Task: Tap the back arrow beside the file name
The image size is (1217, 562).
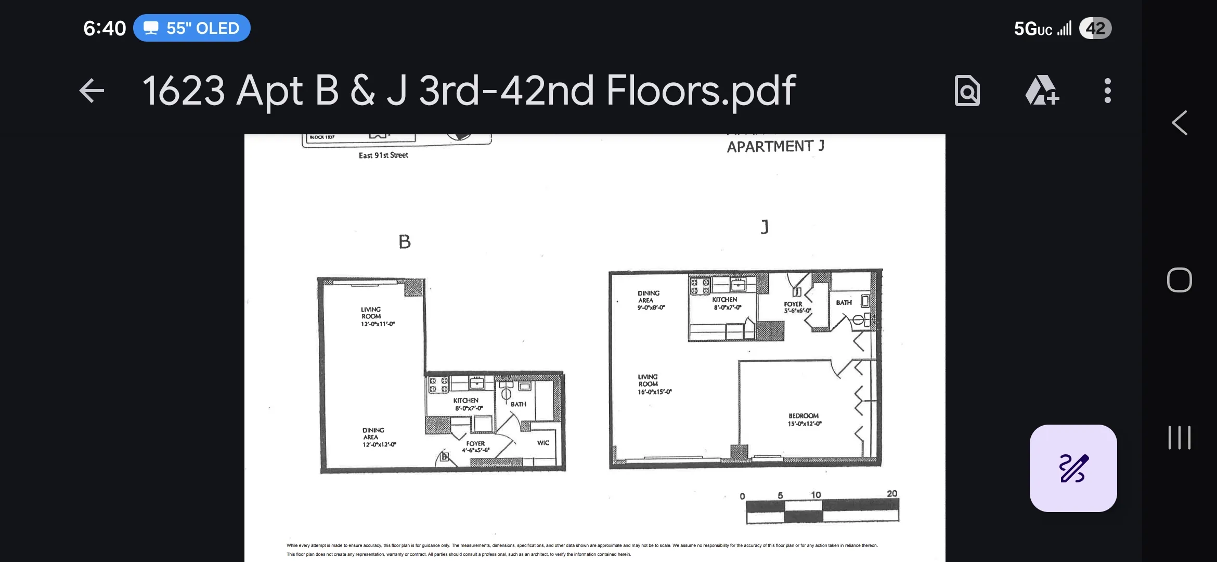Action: pyautogui.click(x=92, y=91)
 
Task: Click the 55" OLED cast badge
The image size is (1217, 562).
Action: pyautogui.click(x=191, y=28)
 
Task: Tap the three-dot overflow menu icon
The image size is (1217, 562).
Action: pyautogui.click(x=1107, y=91)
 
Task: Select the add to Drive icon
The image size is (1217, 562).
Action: pyautogui.click(x=1041, y=91)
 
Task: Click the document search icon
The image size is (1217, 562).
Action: pyautogui.click(x=967, y=91)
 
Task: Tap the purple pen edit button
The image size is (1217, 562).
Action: pyautogui.click(x=1073, y=468)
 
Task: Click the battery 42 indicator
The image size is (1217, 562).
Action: pyautogui.click(x=1095, y=28)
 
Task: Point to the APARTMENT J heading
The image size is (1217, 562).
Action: pyautogui.click(x=775, y=147)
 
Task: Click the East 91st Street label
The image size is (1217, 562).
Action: pyautogui.click(x=383, y=155)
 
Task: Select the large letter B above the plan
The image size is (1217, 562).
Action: pyautogui.click(x=405, y=242)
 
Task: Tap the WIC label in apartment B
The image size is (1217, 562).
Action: pyautogui.click(x=543, y=443)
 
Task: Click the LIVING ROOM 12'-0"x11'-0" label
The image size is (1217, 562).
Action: pyautogui.click(x=377, y=316)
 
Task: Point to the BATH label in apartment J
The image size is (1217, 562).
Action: pyautogui.click(x=844, y=302)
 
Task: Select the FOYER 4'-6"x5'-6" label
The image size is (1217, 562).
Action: pyautogui.click(x=475, y=446)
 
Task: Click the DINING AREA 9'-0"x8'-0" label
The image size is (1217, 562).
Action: pyautogui.click(x=650, y=300)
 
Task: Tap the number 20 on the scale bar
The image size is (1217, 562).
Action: pyautogui.click(x=891, y=493)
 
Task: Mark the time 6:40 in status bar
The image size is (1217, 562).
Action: pyautogui.click(x=105, y=28)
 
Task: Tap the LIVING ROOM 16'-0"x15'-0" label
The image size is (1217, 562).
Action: pyautogui.click(x=654, y=384)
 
